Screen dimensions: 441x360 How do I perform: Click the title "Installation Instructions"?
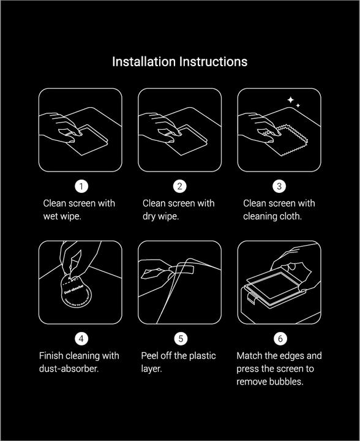[179, 62]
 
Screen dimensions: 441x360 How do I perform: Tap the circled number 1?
[80, 186]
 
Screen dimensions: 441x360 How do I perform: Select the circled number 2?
[180, 186]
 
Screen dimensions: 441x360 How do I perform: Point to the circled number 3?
[279, 186]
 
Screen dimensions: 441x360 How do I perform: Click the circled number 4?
[80, 339]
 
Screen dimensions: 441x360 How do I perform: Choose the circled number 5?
[180, 339]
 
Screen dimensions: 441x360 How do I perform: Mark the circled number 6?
[279, 339]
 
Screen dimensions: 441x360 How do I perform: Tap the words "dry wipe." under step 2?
[160, 217]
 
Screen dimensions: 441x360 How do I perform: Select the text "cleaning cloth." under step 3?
[272, 217]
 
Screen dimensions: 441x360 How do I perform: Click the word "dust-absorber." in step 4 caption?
[69, 369]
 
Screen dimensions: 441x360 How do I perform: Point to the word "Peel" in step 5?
[152, 356]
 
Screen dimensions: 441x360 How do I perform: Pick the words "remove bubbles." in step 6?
[270, 382]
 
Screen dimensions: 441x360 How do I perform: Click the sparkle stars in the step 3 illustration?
[293, 102]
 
